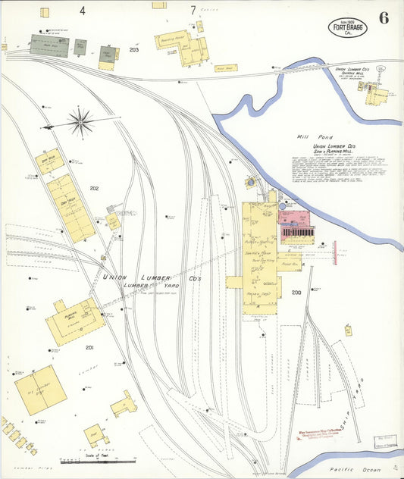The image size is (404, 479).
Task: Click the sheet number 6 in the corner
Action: [384, 18]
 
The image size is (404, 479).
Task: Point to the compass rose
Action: [80, 120]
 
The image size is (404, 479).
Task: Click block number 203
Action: [134, 50]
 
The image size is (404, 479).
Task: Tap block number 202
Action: [94, 188]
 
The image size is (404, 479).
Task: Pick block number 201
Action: [89, 347]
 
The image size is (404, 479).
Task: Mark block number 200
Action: [296, 292]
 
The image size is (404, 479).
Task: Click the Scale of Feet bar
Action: [98, 459]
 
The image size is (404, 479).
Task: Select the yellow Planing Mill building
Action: [74, 320]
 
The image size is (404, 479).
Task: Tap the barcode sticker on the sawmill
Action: [298, 230]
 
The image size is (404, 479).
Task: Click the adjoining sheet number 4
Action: [81, 10]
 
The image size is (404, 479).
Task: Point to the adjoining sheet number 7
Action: [193, 10]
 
